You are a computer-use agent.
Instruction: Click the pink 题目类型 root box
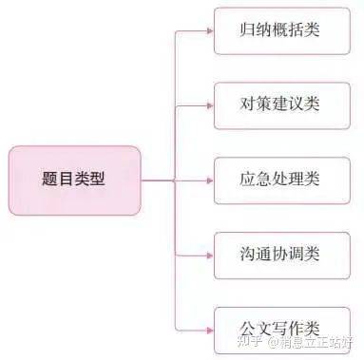point(74,180)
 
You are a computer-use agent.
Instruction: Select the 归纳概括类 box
point(280,29)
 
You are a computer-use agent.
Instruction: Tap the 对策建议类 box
point(280,104)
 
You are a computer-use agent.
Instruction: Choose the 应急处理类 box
point(280,180)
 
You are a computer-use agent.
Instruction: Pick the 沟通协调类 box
point(280,255)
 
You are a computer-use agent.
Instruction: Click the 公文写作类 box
point(280,329)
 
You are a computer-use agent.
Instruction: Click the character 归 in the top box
point(249,29)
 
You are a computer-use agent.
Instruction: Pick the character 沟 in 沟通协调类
point(249,255)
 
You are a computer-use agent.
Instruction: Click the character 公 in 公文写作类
point(249,329)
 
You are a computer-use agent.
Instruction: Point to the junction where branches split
point(174,180)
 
